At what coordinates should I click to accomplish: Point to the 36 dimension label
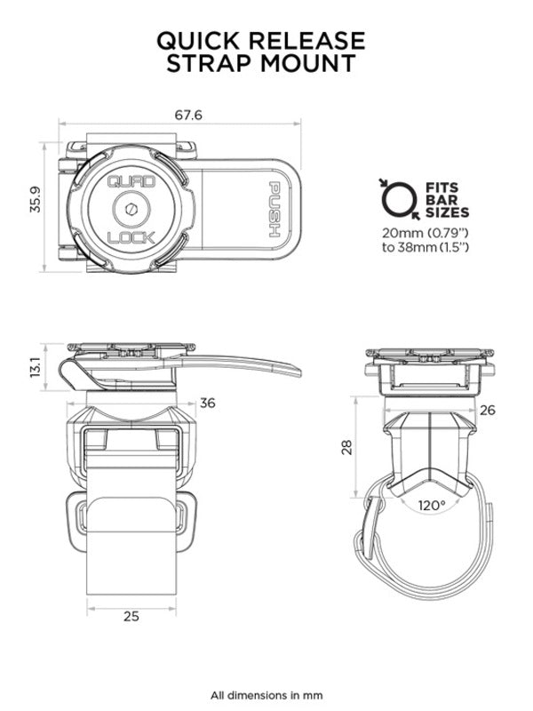pyautogui.click(x=208, y=403)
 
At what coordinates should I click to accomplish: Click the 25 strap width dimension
pyautogui.click(x=131, y=614)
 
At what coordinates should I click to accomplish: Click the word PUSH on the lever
pyautogui.click(x=275, y=210)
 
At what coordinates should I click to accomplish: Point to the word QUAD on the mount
pyautogui.click(x=131, y=181)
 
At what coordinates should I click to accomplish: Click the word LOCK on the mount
pyautogui.click(x=131, y=238)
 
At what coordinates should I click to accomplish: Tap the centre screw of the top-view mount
pyautogui.click(x=131, y=210)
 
